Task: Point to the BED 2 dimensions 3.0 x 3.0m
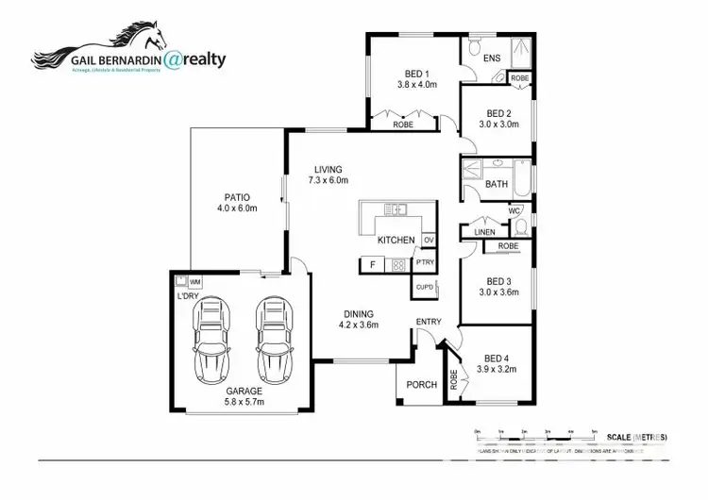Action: point(498,124)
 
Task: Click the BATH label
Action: point(497,184)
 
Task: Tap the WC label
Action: point(514,210)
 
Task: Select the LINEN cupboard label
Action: point(484,232)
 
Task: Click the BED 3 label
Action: point(498,281)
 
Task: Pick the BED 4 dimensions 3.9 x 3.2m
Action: point(497,370)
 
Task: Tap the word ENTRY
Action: point(429,323)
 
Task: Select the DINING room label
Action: point(359,314)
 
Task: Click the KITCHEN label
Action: point(396,241)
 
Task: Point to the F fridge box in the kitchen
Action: point(373,265)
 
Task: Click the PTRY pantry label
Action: point(425,263)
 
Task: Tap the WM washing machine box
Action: point(194,281)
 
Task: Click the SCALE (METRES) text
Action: point(638,437)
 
